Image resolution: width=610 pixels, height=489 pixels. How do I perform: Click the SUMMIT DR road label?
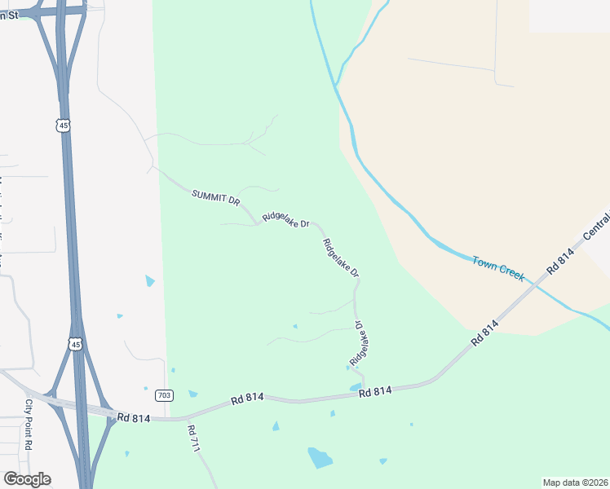pyautogui.click(x=216, y=198)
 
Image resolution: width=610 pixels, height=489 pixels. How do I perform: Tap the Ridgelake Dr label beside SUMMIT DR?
pyautogui.click(x=286, y=221)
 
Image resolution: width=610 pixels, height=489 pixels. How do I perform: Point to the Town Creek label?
pyautogui.click(x=498, y=267)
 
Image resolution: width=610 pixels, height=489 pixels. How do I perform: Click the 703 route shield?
pyautogui.click(x=164, y=395)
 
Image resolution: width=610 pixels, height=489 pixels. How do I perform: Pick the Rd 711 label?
pyautogui.click(x=193, y=438)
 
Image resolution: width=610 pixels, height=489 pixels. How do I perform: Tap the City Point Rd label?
pyautogui.click(x=28, y=424)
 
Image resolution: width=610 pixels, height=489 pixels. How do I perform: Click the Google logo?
pyautogui.click(x=27, y=479)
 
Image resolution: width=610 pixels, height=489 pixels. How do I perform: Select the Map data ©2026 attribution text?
pyautogui.click(x=575, y=482)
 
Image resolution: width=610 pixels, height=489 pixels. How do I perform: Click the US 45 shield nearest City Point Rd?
pyautogui.click(x=76, y=345)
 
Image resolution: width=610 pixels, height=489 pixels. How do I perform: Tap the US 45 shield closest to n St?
pyautogui.click(x=64, y=125)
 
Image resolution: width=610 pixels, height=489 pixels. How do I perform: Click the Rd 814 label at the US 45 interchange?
pyautogui.click(x=134, y=417)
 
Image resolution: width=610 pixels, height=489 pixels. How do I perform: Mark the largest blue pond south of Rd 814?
pyautogui.click(x=320, y=458)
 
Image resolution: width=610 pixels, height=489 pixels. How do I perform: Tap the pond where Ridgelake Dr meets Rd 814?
pyautogui.click(x=356, y=387)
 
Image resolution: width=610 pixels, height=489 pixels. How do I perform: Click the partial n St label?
pyautogui.click(x=9, y=15)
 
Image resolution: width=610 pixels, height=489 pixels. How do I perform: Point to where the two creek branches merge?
pyautogui.click(x=335, y=85)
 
